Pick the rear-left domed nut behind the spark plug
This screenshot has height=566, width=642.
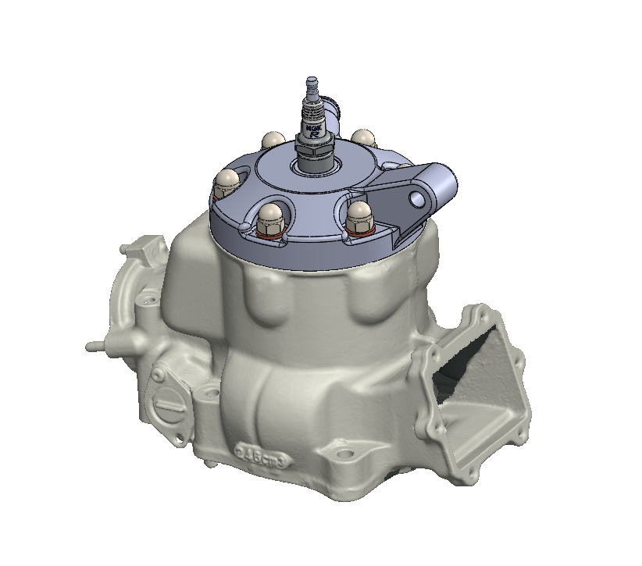tap(273, 140)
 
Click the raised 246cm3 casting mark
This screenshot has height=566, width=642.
tap(262, 456)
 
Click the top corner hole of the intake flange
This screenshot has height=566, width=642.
tap(472, 314)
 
